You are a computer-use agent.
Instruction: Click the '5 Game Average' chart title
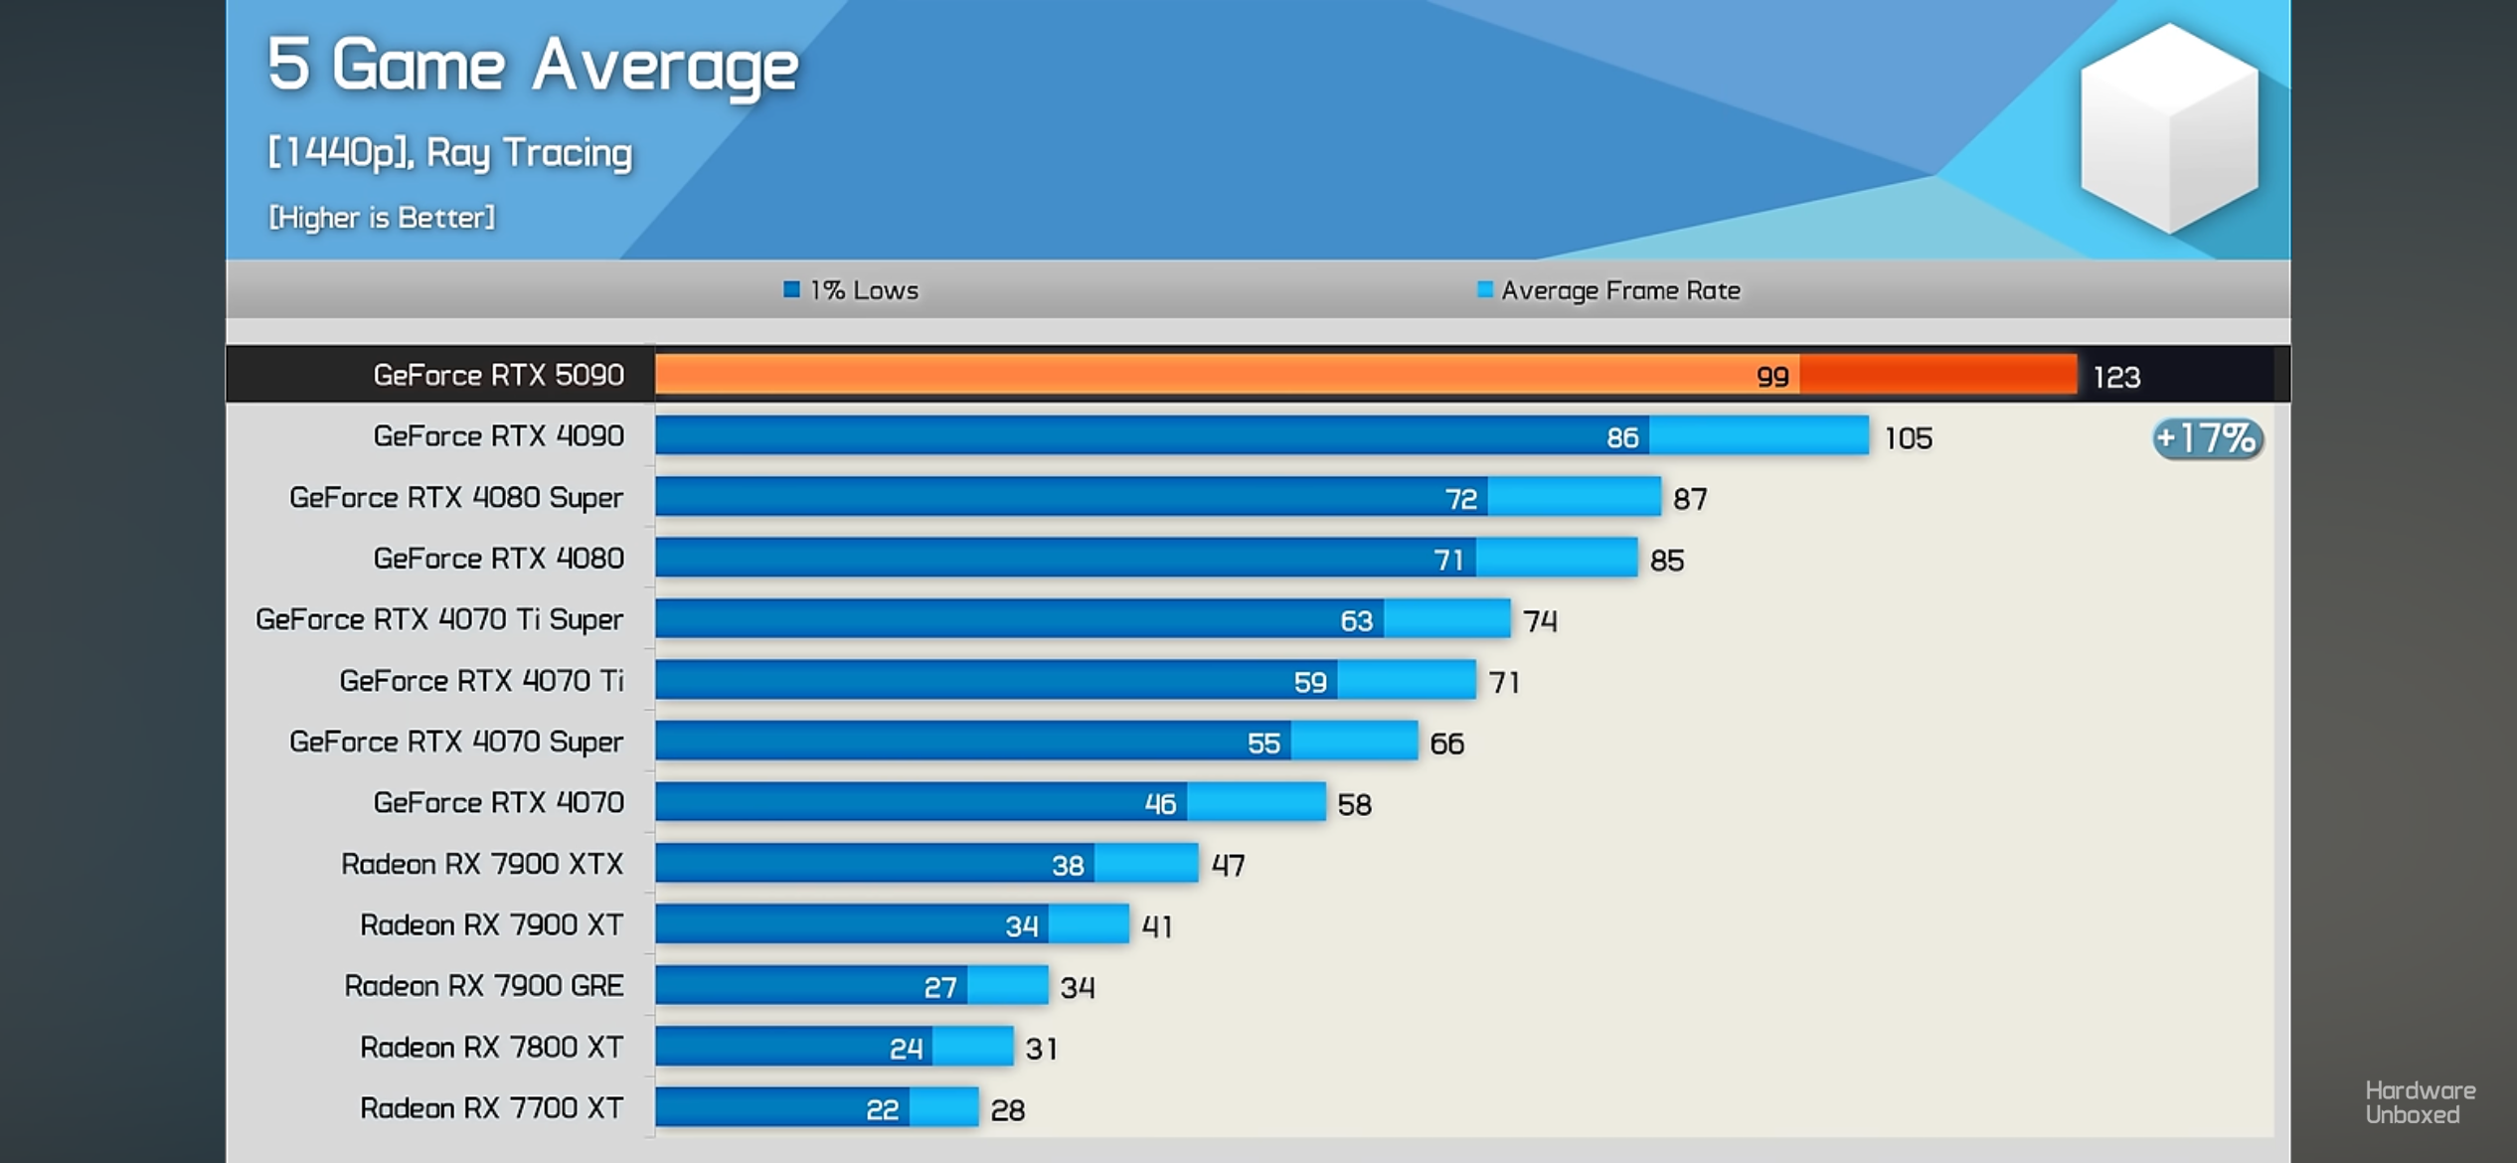pyautogui.click(x=533, y=66)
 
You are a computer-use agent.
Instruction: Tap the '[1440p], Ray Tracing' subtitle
pyautogui.click(x=450, y=153)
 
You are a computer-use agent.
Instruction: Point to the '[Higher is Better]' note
pyautogui.click(x=382, y=218)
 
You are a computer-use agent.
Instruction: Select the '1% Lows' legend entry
pyautogui.click(x=852, y=290)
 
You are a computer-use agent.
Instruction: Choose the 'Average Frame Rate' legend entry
pyautogui.click(x=1609, y=290)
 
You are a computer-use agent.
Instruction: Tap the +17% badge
pyautogui.click(x=2208, y=438)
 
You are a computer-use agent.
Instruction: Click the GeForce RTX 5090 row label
pyautogui.click(x=498, y=375)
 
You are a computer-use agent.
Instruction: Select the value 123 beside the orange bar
pyautogui.click(x=2116, y=378)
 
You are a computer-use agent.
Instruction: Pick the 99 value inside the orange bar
pyautogui.click(x=1772, y=377)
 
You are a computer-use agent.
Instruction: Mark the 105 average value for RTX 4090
pyautogui.click(x=1909, y=438)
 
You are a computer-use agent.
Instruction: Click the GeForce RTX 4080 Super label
pyautogui.click(x=456, y=497)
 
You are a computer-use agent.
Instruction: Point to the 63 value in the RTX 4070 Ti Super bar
pyautogui.click(x=1356, y=621)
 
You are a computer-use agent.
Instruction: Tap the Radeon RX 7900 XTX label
pyautogui.click(x=482, y=864)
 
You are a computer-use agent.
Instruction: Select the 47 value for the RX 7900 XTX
pyautogui.click(x=1228, y=866)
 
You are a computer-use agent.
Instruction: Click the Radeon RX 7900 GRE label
pyautogui.click(x=484, y=986)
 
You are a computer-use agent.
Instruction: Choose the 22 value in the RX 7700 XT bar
pyautogui.click(x=882, y=1109)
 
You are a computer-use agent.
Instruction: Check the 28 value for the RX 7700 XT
pyautogui.click(x=1007, y=1110)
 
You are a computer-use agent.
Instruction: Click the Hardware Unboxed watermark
pyautogui.click(x=2420, y=1102)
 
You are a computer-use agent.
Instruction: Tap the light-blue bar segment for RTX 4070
pyautogui.click(x=1256, y=802)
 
